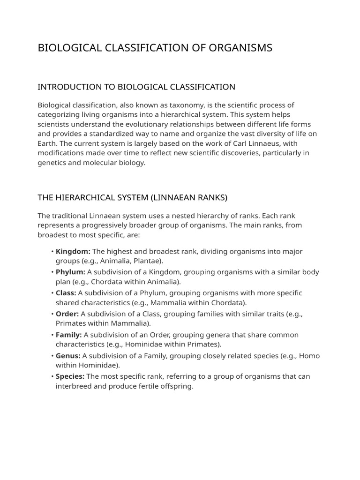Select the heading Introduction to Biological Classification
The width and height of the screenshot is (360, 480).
point(136,87)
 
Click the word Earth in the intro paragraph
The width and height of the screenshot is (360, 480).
point(47,143)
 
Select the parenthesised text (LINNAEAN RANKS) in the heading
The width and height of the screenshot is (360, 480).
point(189,197)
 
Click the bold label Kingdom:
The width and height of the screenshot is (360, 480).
point(73,251)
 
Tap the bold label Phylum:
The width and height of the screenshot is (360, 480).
point(70,272)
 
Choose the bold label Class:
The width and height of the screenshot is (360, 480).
point(66,293)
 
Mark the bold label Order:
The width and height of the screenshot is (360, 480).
point(67,314)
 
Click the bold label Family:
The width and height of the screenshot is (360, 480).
point(69,335)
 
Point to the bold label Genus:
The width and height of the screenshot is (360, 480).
point(68,356)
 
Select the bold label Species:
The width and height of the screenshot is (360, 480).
point(70,376)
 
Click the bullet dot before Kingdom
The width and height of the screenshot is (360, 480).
point(52,252)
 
